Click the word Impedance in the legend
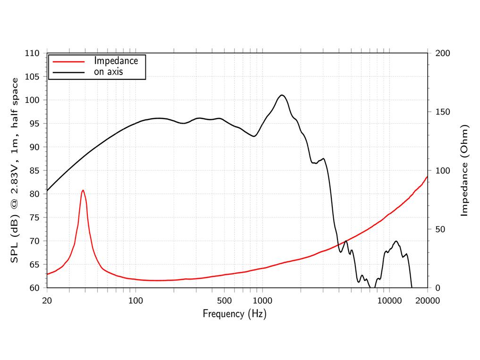coord(116,61)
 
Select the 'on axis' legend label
coord(108,72)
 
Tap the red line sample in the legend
coord(68,61)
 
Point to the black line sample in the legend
coord(68,73)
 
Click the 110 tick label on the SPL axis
coord(32,53)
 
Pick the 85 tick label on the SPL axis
coord(34,170)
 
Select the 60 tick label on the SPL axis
coord(34,288)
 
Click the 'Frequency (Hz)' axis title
coord(235,314)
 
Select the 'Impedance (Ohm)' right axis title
coord(464,170)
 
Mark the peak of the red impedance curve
coord(83,190)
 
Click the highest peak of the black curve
coord(282,95)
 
